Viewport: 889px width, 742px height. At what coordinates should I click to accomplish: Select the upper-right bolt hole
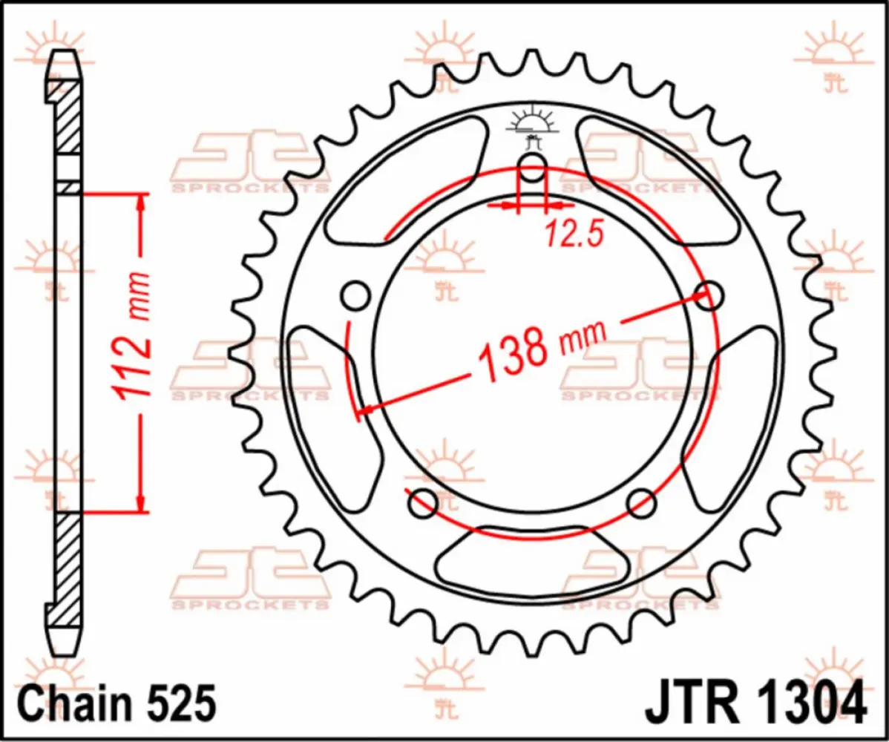(708, 295)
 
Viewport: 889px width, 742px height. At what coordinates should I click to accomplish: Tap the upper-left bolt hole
(355, 296)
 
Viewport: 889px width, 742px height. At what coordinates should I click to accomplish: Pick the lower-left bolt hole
(424, 503)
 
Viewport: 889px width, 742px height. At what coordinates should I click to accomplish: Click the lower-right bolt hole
(641, 503)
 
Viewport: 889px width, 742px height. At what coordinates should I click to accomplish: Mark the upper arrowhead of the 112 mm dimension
(140, 203)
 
